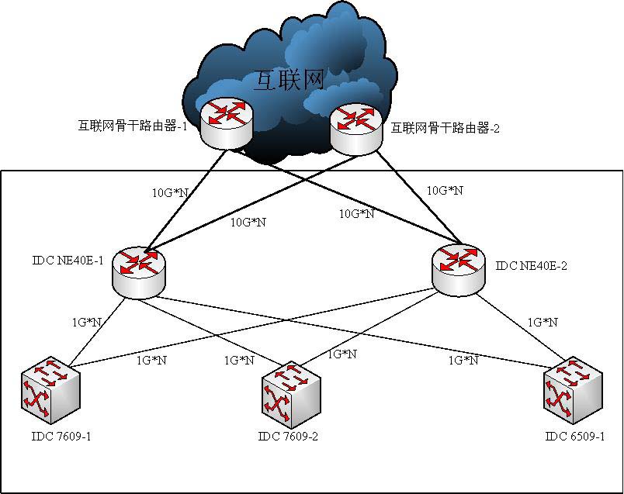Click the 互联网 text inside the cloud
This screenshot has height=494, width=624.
tap(288, 79)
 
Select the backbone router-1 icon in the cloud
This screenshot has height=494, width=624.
tap(226, 120)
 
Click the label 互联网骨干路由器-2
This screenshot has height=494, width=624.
tap(445, 128)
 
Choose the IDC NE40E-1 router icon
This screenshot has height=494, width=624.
tap(138, 269)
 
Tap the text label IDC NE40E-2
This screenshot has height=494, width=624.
tap(532, 266)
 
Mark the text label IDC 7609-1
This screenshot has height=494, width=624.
tap(61, 436)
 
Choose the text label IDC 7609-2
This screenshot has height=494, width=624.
tap(288, 437)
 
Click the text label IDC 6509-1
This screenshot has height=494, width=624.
tap(575, 436)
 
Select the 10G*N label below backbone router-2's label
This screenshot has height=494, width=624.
tap(445, 189)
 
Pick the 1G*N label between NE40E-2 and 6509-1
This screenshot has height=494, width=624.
tap(543, 321)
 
